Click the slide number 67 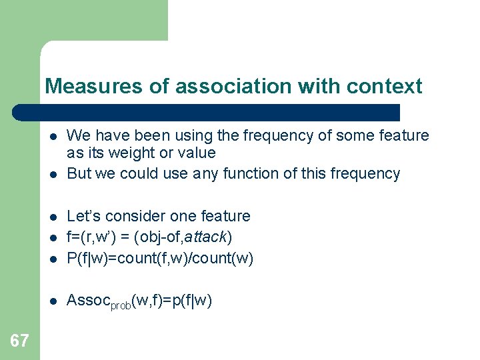coord(19,341)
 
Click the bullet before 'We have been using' coord(53,137)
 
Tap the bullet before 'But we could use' coord(53,175)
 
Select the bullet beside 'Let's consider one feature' coord(53,217)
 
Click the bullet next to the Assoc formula coord(53,302)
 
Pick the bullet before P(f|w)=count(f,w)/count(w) coord(53,259)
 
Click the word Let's coord(83,216)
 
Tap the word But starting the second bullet coord(79,174)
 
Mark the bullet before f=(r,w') coord(53,238)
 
